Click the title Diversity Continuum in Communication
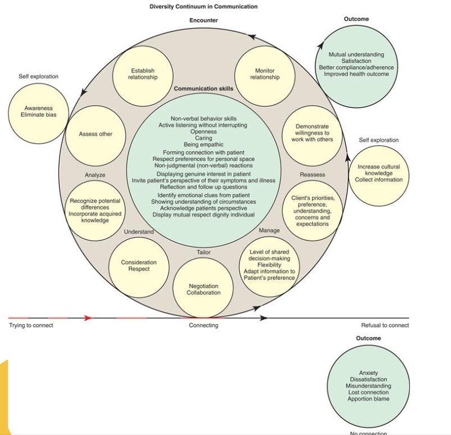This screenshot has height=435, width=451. click(204, 7)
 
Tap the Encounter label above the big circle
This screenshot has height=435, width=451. click(203, 20)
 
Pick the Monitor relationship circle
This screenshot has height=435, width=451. click(265, 74)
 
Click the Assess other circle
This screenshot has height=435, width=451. click(95, 134)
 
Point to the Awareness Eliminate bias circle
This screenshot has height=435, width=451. click(38, 112)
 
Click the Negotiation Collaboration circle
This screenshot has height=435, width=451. click(204, 289)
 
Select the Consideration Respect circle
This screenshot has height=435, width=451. click(139, 266)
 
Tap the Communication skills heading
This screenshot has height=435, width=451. click(203, 89)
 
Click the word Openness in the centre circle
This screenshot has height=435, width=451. click(204, 132)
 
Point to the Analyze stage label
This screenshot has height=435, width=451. click(95, 175)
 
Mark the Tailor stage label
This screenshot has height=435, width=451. click(204, 252)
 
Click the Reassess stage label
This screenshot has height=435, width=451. click(312, 175)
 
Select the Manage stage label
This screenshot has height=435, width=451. click(269, 231)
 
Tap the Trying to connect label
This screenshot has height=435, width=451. click(31, 325)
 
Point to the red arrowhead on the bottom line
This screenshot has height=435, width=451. click(88, 318)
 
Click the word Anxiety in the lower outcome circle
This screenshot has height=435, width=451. click(368, 373)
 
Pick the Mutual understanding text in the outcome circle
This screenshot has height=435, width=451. click(357, 55)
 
